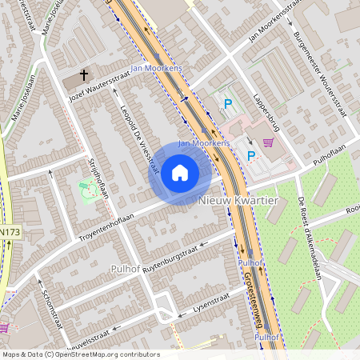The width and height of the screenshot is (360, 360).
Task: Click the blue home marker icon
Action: pos(179,173)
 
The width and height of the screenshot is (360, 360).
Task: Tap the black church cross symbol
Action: pos(83,78)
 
